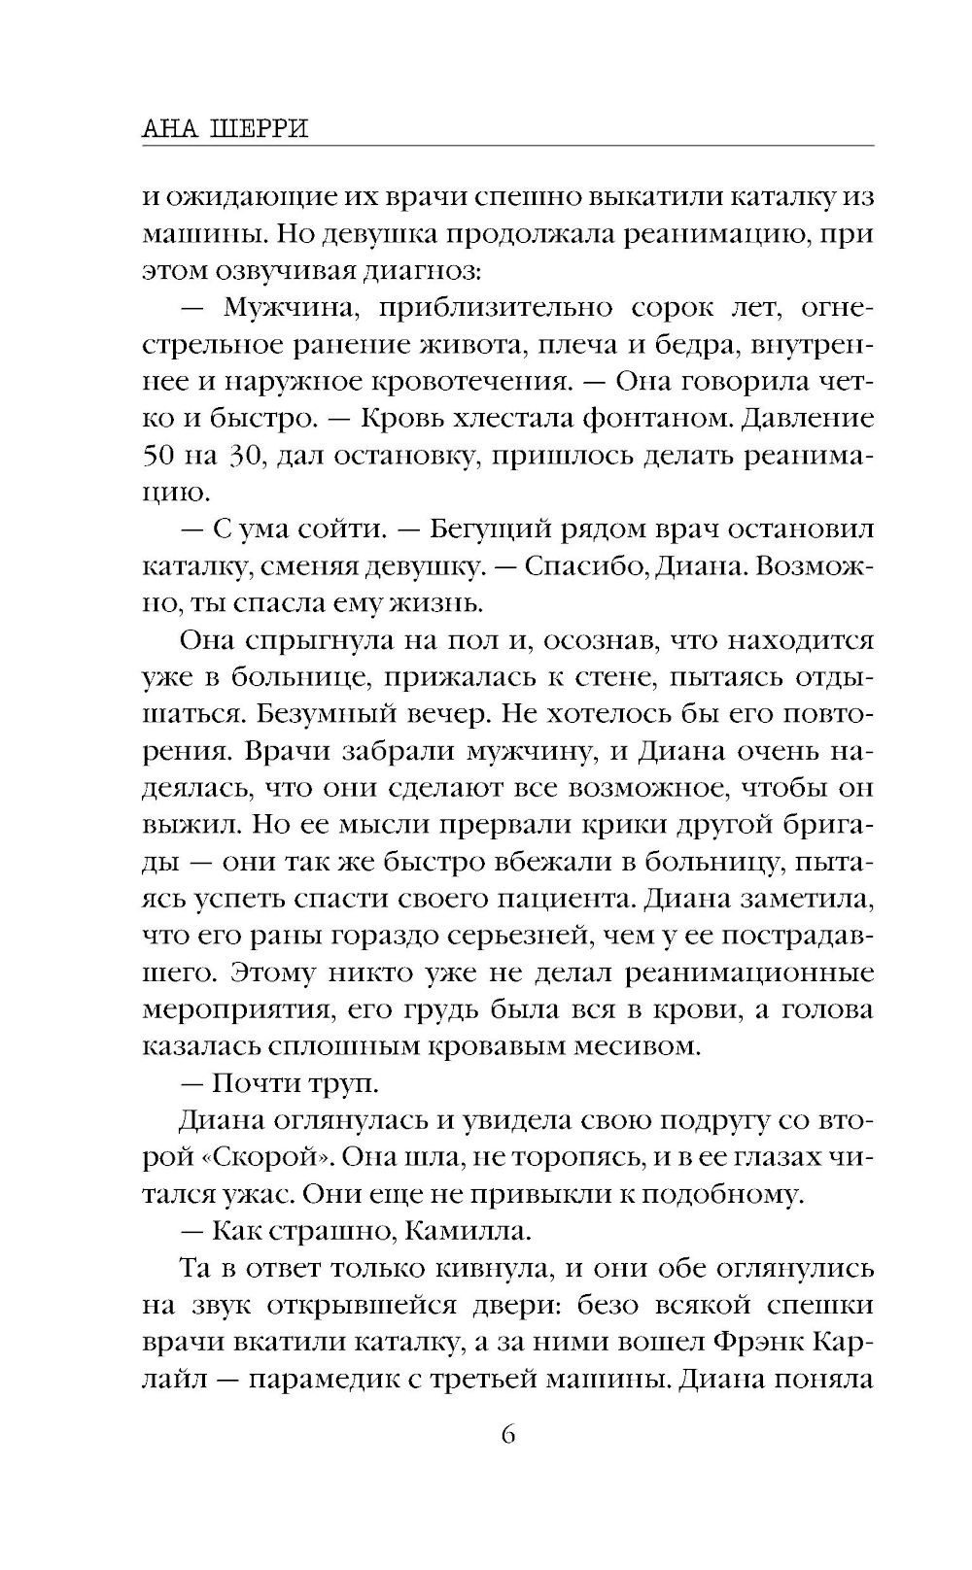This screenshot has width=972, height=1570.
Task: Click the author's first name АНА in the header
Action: tap(167, 129)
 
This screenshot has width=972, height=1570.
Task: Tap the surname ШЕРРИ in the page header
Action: tap(259, 129)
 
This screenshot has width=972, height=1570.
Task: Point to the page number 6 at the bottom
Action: tap(507, 1435)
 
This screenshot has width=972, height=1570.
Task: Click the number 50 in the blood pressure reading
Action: tap(161, 456)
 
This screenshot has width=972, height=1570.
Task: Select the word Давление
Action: tap(812, 419)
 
